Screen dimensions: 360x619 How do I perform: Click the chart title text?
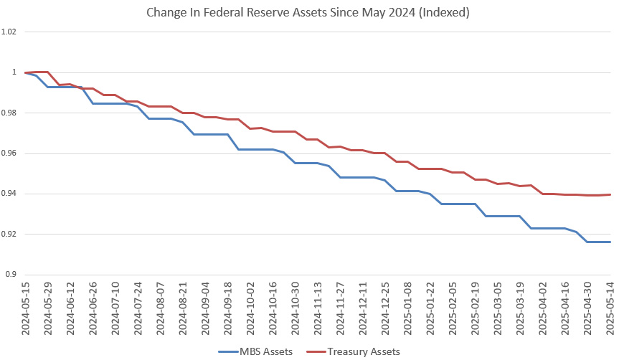tap(308, 12)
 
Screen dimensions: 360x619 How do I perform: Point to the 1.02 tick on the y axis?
tap(9, 32)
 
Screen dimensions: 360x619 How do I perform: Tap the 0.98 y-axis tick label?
tap(9, 113)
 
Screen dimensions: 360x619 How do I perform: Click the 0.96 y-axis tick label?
tap(9, 153)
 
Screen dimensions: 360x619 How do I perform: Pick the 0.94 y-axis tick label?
tap(9, 194)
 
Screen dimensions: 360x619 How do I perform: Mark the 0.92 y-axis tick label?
tap(9, 235)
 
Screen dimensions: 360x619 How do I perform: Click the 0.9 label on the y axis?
tap(11, 275)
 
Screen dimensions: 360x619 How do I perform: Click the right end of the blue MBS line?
tap(610, 242)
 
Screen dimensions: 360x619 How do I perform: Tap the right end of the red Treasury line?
tap(610, 194)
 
